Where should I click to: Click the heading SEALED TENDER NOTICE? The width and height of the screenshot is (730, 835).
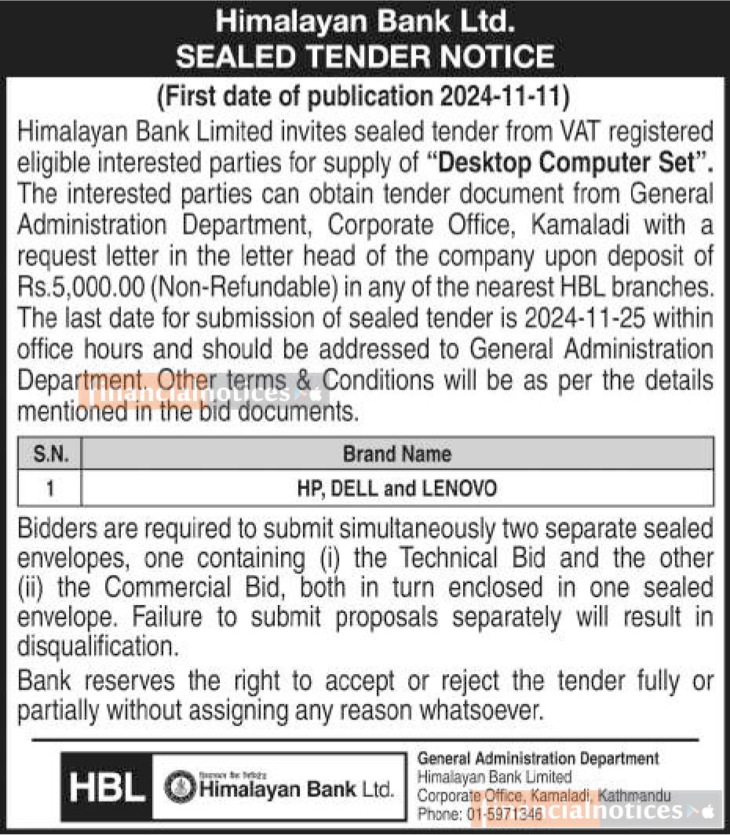pos(365,57)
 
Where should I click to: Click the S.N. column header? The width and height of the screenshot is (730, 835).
pos(50,454)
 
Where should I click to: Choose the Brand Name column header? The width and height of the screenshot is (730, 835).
pos(397,454)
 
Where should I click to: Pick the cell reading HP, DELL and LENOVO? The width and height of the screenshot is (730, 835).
pos(397,489)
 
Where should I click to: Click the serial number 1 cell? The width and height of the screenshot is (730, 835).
pos(50,489)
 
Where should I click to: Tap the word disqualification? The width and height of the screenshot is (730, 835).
pos(94,649)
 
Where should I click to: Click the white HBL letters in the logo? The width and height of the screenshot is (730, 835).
pos(107,788)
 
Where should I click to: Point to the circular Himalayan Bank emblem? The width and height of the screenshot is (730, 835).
pos(180,788)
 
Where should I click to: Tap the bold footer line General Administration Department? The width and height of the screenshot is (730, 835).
pos(538,759)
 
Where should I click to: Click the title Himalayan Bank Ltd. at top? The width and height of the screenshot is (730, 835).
pos(365,22)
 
